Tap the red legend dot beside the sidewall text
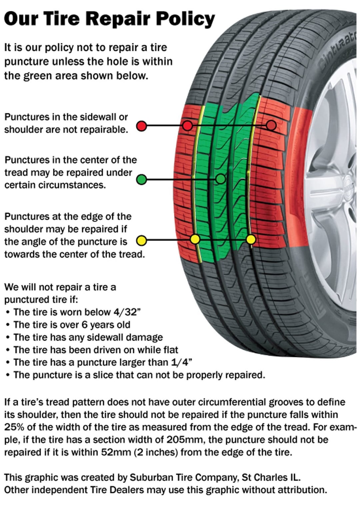(142, 126)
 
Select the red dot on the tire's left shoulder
(188, 126)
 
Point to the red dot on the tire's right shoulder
(271, 125)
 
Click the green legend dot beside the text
(142, 179)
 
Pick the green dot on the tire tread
(220, 179)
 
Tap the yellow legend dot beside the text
(142, 240)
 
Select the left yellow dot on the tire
(195, 239)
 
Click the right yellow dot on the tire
(251, 239)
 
